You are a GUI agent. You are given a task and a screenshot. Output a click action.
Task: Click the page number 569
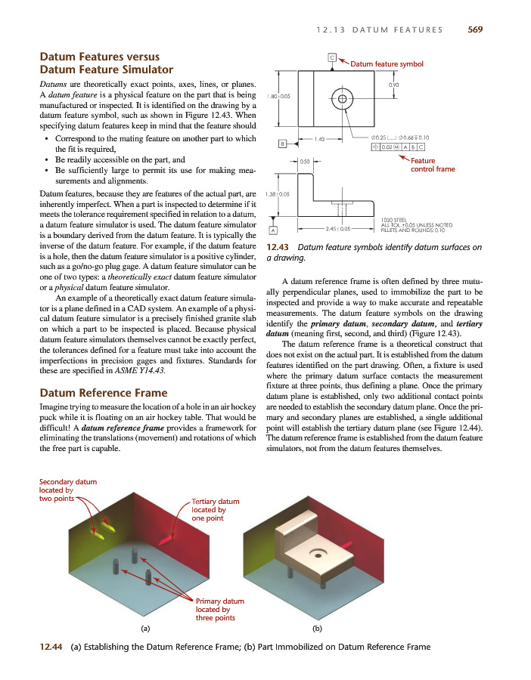[474, 29]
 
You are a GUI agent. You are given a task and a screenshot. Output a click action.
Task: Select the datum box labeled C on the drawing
[332, 57]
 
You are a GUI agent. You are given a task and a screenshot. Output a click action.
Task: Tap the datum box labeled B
[283, 143]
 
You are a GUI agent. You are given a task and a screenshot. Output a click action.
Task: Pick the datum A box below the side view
[272, 230]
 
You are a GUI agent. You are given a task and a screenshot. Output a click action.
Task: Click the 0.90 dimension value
[393, 85]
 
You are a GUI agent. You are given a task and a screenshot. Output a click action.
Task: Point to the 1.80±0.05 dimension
[280, 96]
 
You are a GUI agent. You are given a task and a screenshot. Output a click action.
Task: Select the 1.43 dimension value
[321, 138]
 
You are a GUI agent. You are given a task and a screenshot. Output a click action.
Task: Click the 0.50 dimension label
[305, 161]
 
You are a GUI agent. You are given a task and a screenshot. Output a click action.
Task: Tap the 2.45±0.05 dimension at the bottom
[337, 227]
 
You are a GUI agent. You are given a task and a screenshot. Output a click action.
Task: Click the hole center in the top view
[343, 98]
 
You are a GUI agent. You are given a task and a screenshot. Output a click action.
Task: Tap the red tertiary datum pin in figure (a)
[167, 539]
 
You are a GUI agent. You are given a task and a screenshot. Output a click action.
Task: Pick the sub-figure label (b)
[317, 627]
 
